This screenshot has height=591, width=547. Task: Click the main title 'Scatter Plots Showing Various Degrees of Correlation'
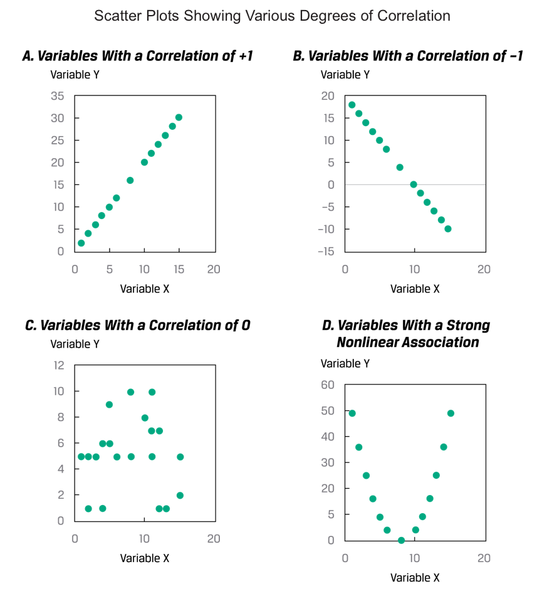[272, 16]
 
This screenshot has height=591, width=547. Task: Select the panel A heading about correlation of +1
[137, 56]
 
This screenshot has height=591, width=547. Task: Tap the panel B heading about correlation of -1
[408, 56]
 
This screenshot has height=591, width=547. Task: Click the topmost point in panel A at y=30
[179, 117]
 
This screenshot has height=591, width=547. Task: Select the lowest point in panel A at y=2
[81, 243]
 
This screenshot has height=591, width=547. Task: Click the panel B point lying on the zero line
[414, 184]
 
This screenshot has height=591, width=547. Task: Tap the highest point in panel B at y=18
[352, 105]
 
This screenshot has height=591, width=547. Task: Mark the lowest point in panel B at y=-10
[448, 229]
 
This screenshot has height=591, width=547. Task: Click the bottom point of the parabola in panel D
[402, 540]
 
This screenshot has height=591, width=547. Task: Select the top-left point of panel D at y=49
[352, 413]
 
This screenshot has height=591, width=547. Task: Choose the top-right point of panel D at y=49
[451, 413]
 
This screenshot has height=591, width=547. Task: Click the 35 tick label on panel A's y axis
[58, 96]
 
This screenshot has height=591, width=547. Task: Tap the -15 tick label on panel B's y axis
[326, 252]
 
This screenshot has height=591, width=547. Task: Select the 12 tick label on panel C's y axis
[58, 365]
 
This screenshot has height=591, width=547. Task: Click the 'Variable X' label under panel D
[415, 578]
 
